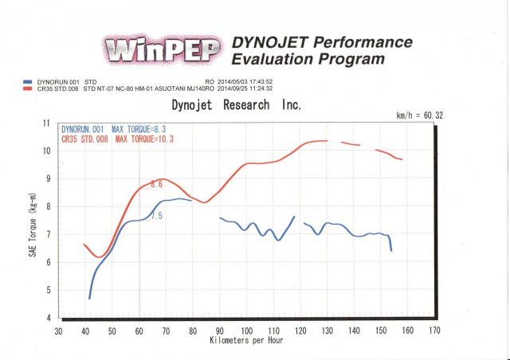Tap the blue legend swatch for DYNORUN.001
tap(29, 80)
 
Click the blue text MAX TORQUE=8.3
tap(141, 128)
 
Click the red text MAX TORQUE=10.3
tap(143, 139)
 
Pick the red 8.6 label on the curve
tap(157, 185)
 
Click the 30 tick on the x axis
tap(57, 330)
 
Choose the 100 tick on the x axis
tap(246, 330)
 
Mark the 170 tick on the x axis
tap(434, 330)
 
